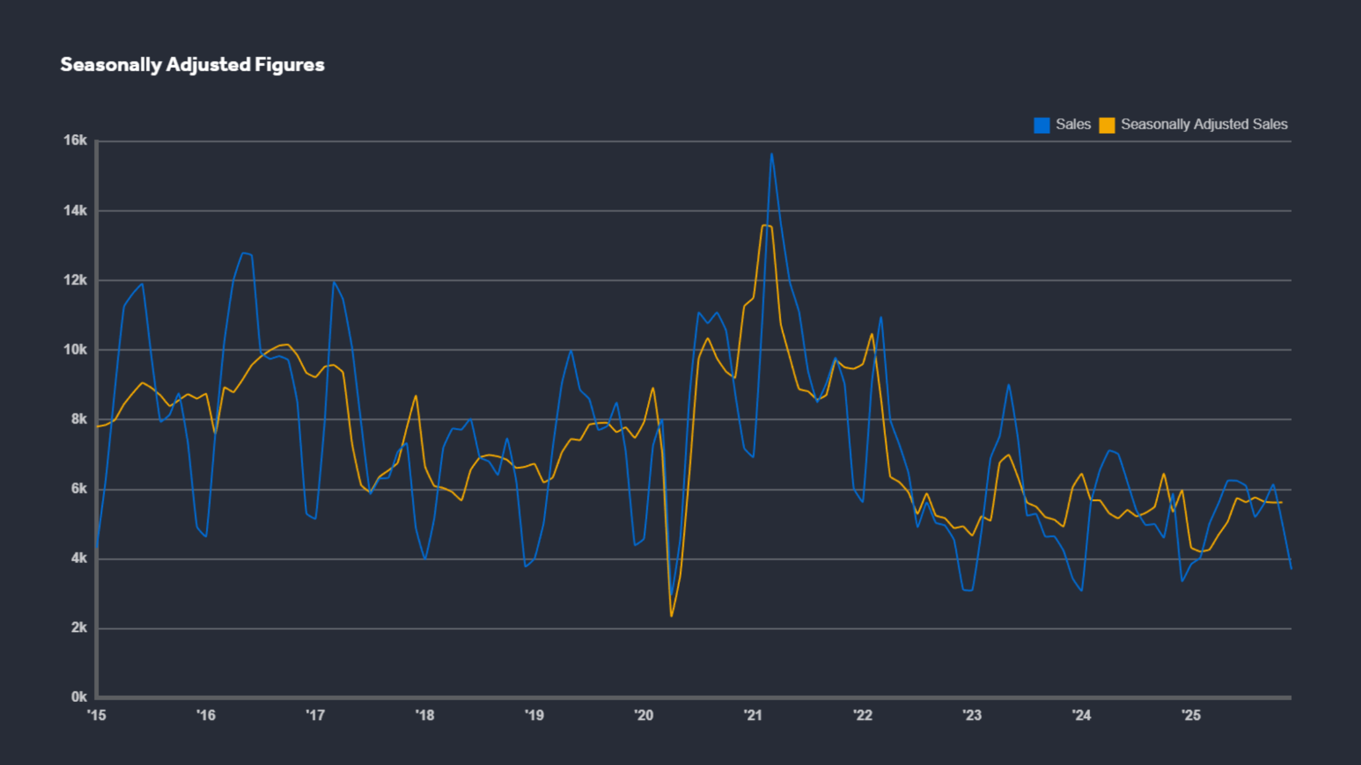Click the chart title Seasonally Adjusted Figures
tap(192, 65)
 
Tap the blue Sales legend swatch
tap(1042, 125)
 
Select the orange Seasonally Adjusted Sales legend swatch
tap(1107, 125)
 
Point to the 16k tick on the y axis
tap(75, 140)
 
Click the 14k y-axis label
tap(75, 211)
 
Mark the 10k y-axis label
tap(75, 350)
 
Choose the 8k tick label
tap(79, 419)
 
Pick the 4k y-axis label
tap(79, 558)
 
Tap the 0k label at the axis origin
tap(79, 697)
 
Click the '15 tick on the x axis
tap(97, 716)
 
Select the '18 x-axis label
tap(425, 716)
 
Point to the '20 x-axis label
tap(644, 716)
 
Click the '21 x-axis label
tap(753, 716)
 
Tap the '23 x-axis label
tap(972, 716)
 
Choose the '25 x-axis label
tap(1191, 716)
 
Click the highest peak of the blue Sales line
tap(771, 154)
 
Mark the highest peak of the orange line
tap(765, 225)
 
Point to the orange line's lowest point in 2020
tap(671, 616)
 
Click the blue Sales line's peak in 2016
tap(243, 253)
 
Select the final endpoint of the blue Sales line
tap(1291, 568)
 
